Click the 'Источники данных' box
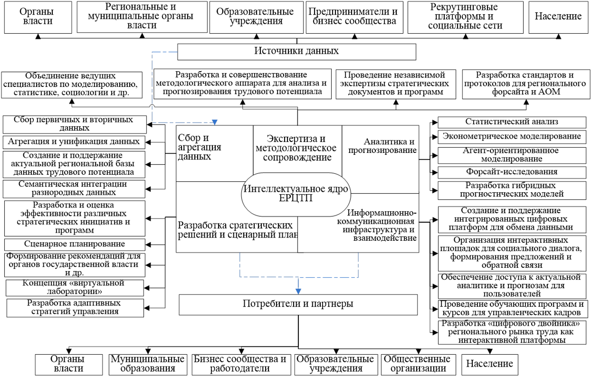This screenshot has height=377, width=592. click(x=296, y=51)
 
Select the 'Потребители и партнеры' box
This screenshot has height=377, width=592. click(x=298, y=304)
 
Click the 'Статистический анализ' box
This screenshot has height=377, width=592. click(x=511, y=122)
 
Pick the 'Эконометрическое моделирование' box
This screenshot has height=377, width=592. click(x=511, y=137)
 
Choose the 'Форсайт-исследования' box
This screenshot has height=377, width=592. click(x=511, y=171)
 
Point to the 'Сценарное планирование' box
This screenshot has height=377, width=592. click(x=74, y=245)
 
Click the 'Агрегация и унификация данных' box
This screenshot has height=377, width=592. click(x=74, y=141)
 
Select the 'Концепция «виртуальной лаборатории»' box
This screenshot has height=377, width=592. click(x=74, y=287)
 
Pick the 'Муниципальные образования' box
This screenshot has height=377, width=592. click(x=147, y=363)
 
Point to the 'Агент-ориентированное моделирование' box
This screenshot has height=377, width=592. click(x=511, y=154)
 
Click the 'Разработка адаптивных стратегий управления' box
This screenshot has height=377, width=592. click(x=74, y=308)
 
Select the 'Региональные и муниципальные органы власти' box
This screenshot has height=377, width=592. click(x=142, y=17)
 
